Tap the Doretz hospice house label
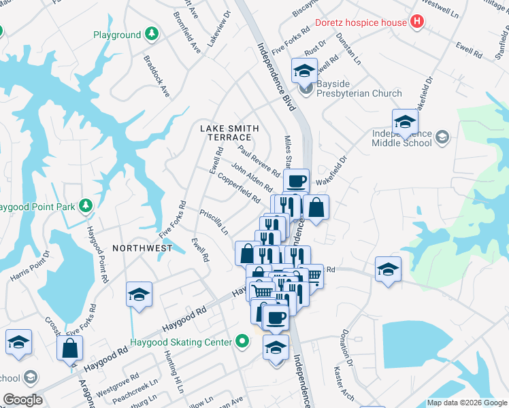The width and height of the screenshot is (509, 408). coord(361,22)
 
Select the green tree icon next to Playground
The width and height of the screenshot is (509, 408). coord(152,35)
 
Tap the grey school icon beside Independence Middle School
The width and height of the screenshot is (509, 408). coord(442,138)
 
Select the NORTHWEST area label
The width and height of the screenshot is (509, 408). coord(142,248)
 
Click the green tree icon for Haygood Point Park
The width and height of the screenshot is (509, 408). coord(85,205)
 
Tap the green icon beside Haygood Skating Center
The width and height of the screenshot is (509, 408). coord(242,342)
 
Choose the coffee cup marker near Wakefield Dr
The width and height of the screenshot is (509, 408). coord(296,182)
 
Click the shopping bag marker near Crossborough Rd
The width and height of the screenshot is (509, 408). coord(71,350)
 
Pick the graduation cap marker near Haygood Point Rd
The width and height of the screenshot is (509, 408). coord(139,294)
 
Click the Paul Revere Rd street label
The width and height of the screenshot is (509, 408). coord(259,160)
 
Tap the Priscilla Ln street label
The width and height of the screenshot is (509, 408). coord(214,222)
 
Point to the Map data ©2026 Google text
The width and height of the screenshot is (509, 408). coord(467,403)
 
